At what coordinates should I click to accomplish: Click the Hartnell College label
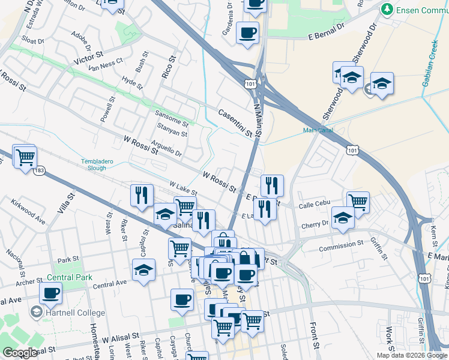pos(74,313)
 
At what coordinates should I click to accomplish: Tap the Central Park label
pos(70,278)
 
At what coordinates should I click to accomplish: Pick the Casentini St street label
pos(236,123)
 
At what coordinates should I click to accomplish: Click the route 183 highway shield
pos(39,171)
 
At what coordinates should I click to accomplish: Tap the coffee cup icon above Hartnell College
pos(51,293)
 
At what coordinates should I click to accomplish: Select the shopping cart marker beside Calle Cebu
pos(358,202)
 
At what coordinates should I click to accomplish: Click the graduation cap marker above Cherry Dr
pos(343,217)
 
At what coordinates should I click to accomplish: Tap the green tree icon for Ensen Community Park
pos(388,10)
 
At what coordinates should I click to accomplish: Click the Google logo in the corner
pos(20,353)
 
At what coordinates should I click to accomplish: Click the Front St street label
pos(313,335)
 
